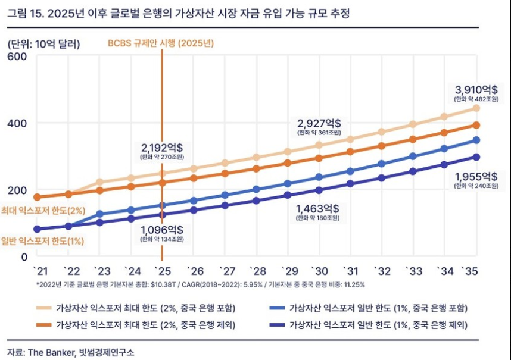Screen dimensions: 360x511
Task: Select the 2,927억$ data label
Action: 319,123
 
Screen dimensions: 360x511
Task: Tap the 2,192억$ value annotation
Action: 162,146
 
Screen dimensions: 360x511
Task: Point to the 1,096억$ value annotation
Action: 162,230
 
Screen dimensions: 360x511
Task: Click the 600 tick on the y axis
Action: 17,57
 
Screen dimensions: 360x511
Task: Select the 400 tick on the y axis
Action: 17,123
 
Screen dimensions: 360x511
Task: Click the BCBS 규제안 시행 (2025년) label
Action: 160,43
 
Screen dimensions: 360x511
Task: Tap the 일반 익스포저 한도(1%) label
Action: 42,241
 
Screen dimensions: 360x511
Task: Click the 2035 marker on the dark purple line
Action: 476,157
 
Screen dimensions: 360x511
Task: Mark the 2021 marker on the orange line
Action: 37,197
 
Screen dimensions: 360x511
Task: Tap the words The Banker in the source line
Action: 49,352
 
